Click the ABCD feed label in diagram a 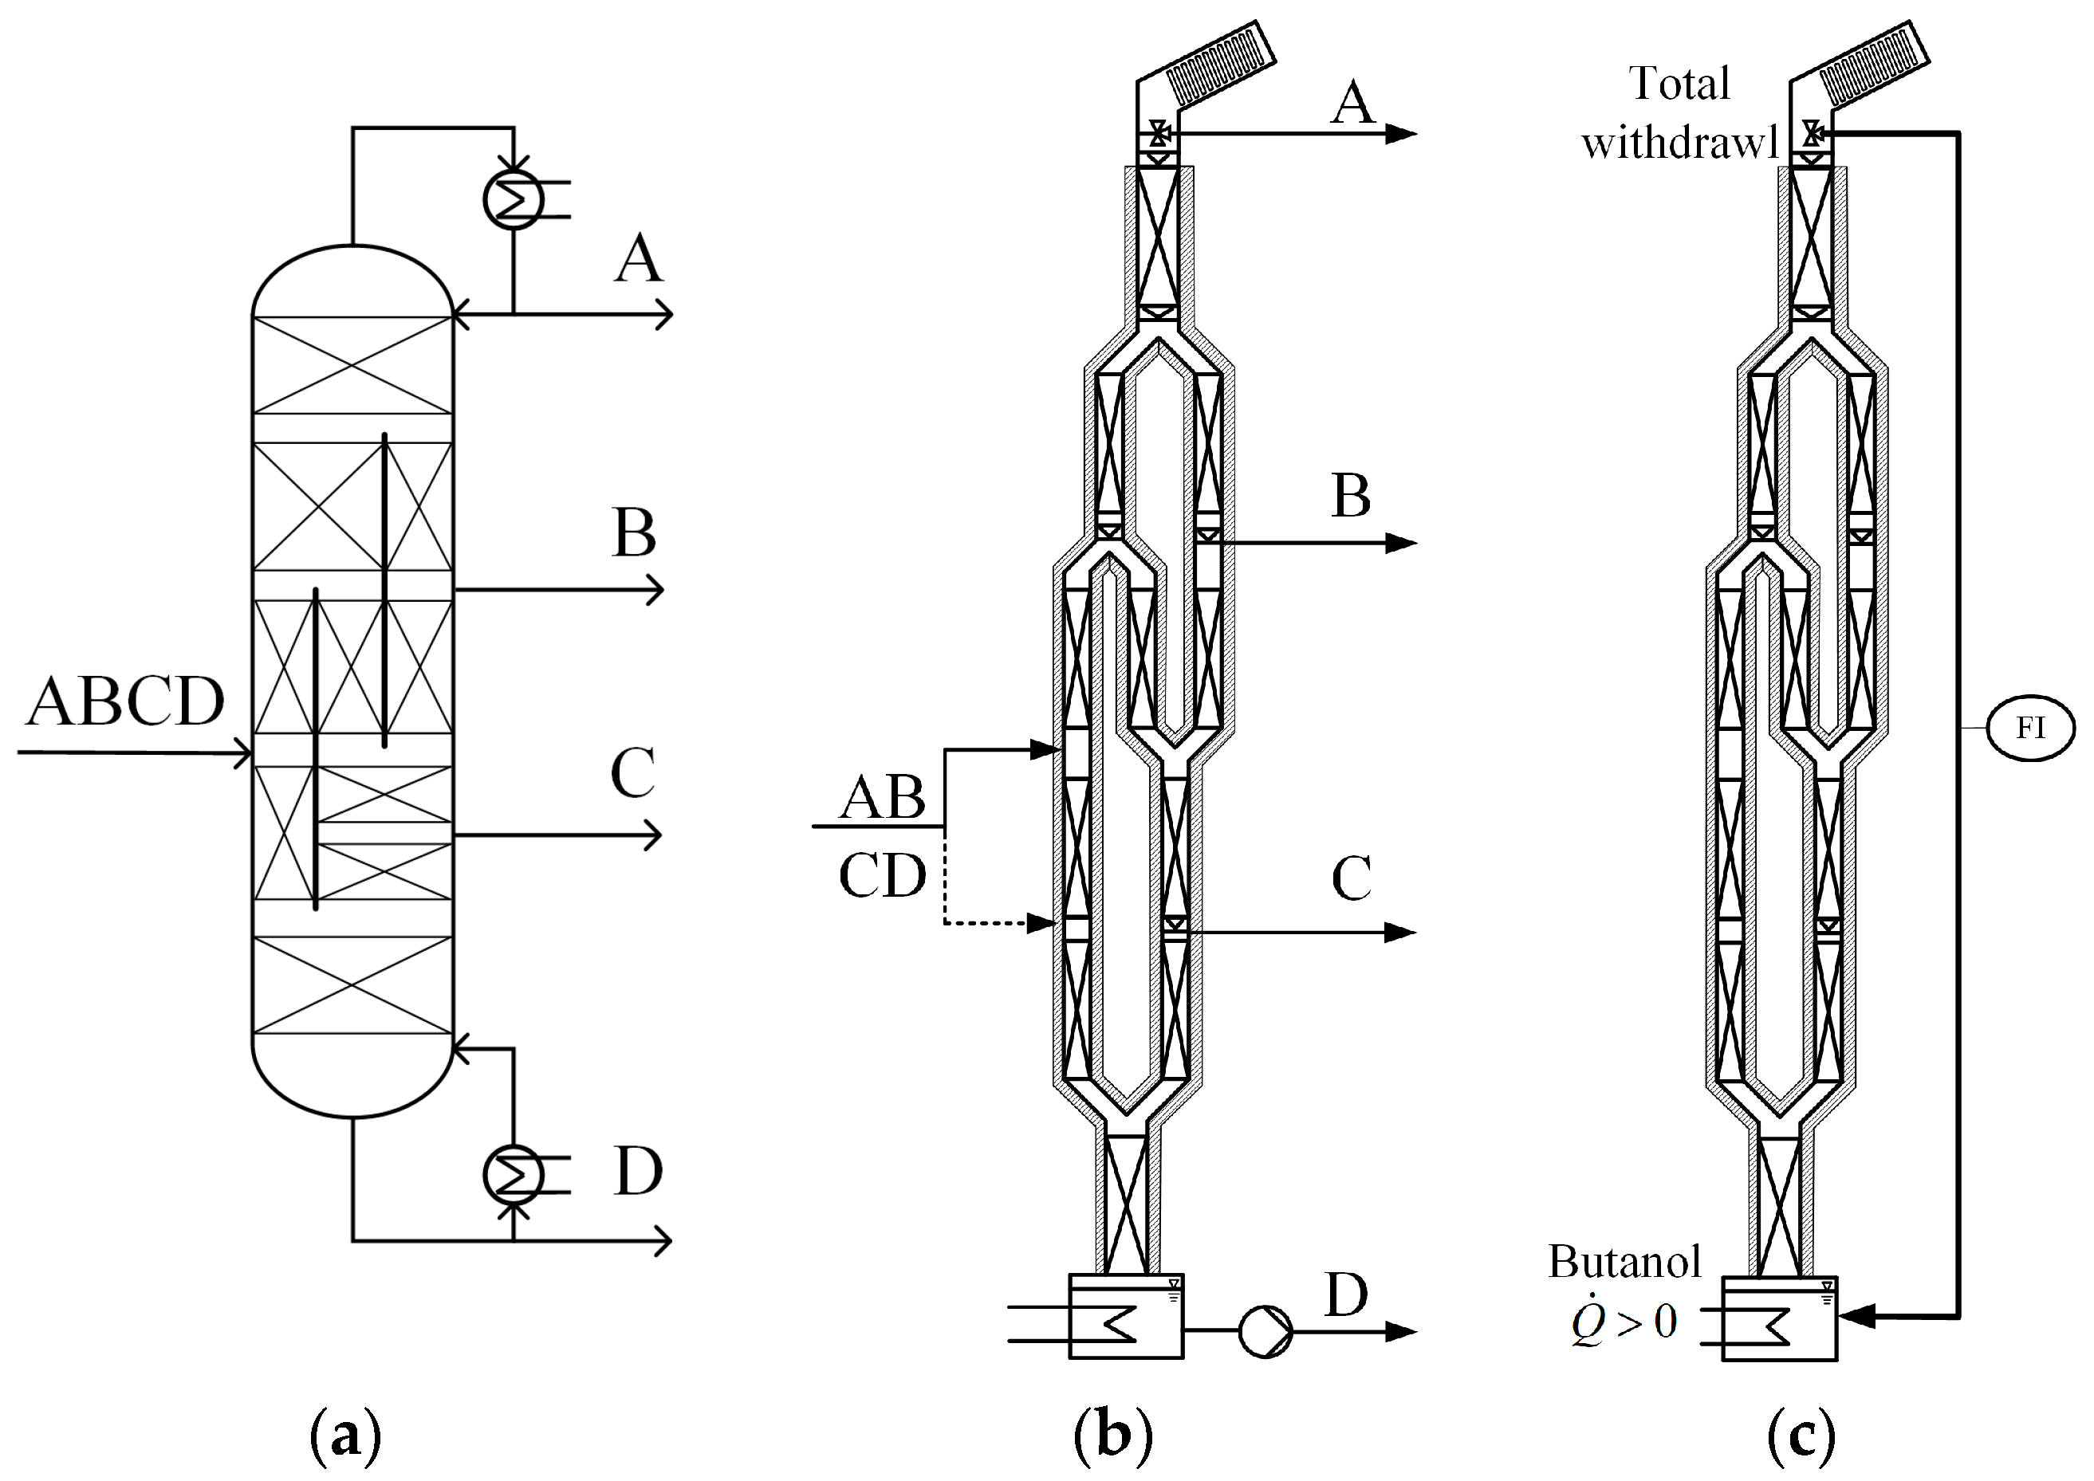click(125, 702)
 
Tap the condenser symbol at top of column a click(513, 198)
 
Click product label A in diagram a click(638, 259)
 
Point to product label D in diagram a click(638, 1171)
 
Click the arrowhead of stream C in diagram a click(653, 835)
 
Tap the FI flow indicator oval click(2030, 728)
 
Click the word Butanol click(1624, 1262)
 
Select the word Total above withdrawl click(1679, 84)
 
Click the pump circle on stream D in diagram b click(1265, 1331)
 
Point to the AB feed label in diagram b click(882, 798)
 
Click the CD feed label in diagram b click(882, 875)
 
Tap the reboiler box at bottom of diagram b click(1125, 1317)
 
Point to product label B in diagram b click(1350, 497)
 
